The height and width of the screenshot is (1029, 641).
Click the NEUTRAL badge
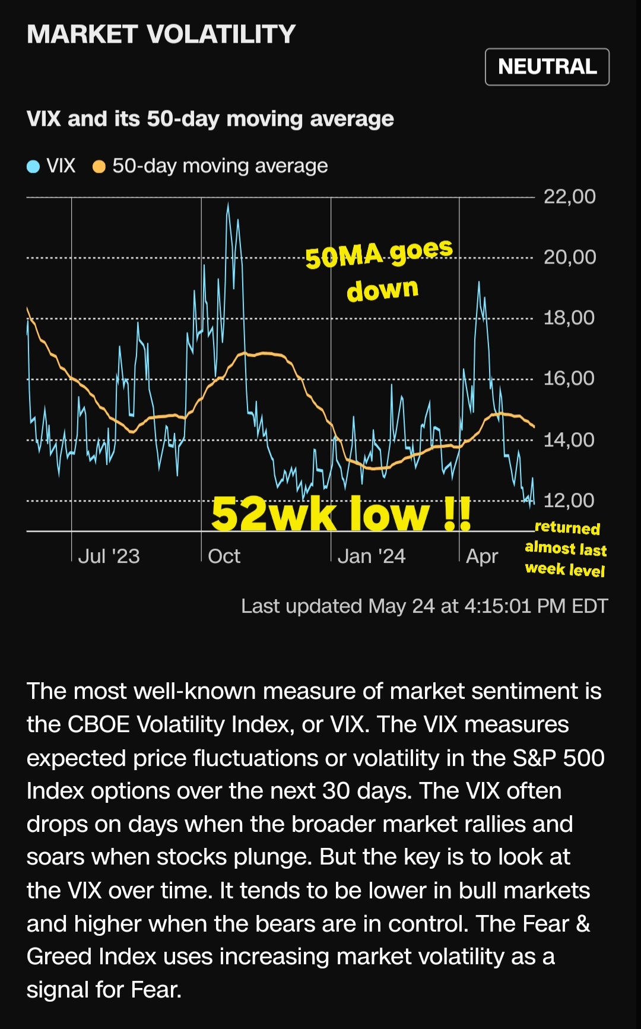click(x=547, y=67)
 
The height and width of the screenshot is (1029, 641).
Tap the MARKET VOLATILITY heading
click(x=161, y=34)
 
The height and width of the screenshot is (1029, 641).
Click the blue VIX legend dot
click(x=33, y=167)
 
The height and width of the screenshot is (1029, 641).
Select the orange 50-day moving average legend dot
click(x=99, y=167)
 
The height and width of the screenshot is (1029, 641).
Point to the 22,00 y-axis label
click(x=569, y=197)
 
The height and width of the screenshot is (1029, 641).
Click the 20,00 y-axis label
click(x=569, y=257)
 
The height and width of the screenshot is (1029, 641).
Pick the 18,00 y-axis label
click(x=569, y=318)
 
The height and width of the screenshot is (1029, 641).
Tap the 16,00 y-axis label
click(x=569, y=378)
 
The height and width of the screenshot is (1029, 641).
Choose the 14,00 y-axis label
click(x=569, y=440)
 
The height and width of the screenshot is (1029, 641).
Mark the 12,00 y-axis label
click(x=569, y=501)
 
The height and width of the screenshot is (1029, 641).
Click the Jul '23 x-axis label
click(x=109, y=556)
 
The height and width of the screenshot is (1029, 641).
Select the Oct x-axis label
click(x=224, y=556)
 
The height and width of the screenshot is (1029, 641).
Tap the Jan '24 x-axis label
click(x=371, y=556)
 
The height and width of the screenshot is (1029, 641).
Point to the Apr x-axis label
click(x=481, y=556)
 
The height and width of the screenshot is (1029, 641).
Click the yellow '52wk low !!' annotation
click(x=341, y=514)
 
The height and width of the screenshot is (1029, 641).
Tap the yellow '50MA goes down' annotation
click(x=380, y=270)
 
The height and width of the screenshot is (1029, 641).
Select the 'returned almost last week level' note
click(x=566, y=549)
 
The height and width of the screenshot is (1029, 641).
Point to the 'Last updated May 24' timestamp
click(x=424, y=606)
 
